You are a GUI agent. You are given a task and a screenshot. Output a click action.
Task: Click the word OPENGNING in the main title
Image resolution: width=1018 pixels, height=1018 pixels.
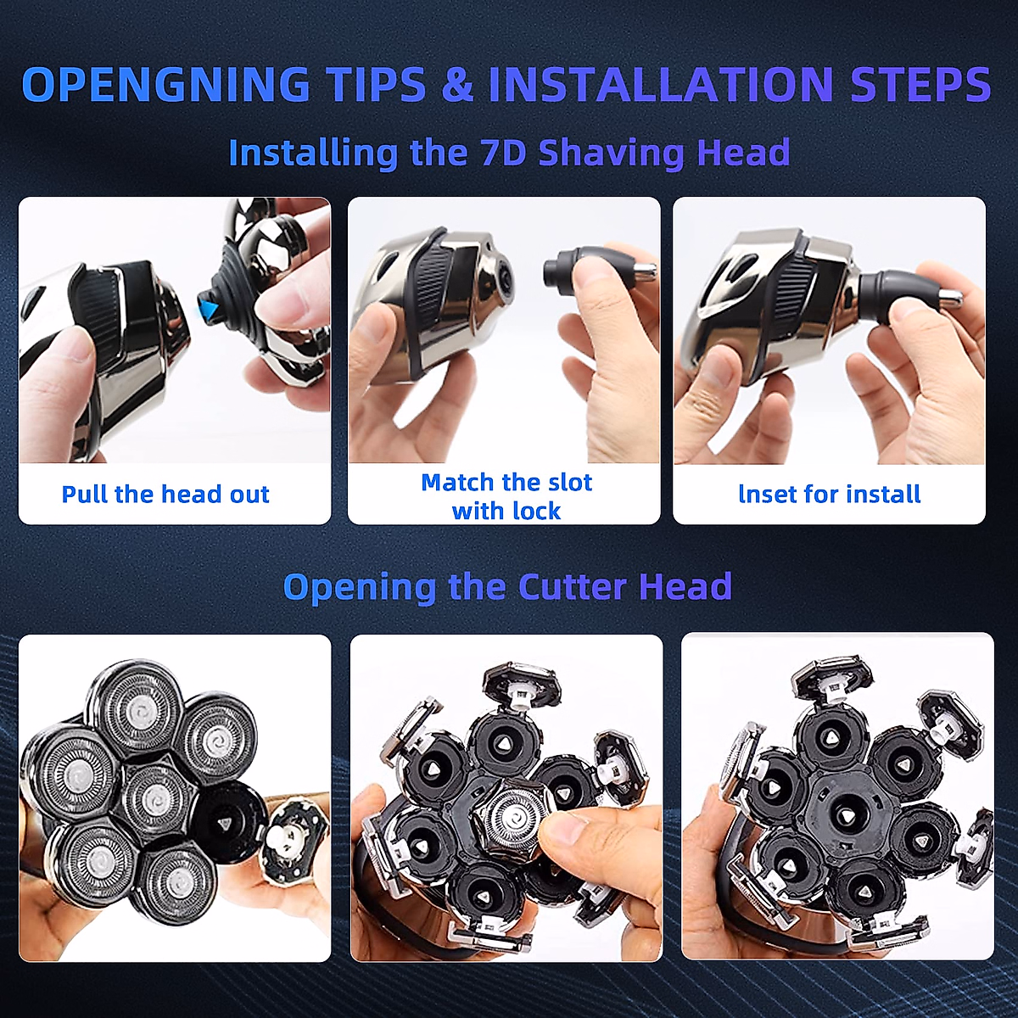(165, 83)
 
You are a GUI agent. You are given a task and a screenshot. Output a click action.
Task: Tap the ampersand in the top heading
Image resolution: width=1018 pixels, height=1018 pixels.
(456, 83)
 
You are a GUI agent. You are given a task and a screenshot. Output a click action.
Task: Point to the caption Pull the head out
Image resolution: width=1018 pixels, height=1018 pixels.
(165, 494)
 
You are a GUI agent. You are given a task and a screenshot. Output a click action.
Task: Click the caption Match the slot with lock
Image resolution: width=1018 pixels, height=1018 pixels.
(506, 496)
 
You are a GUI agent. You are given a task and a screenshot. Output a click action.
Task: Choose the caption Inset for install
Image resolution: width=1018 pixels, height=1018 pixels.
(830, 494)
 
